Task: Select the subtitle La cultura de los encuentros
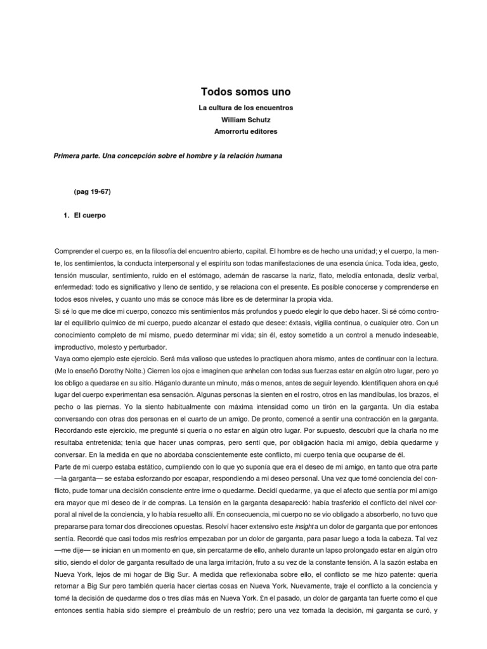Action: [x=245, y=108]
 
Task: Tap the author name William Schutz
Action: [x=245, y=120]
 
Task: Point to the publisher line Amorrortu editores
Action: [x=245, y=131]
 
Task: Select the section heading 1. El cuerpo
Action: [x=86, y=215]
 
